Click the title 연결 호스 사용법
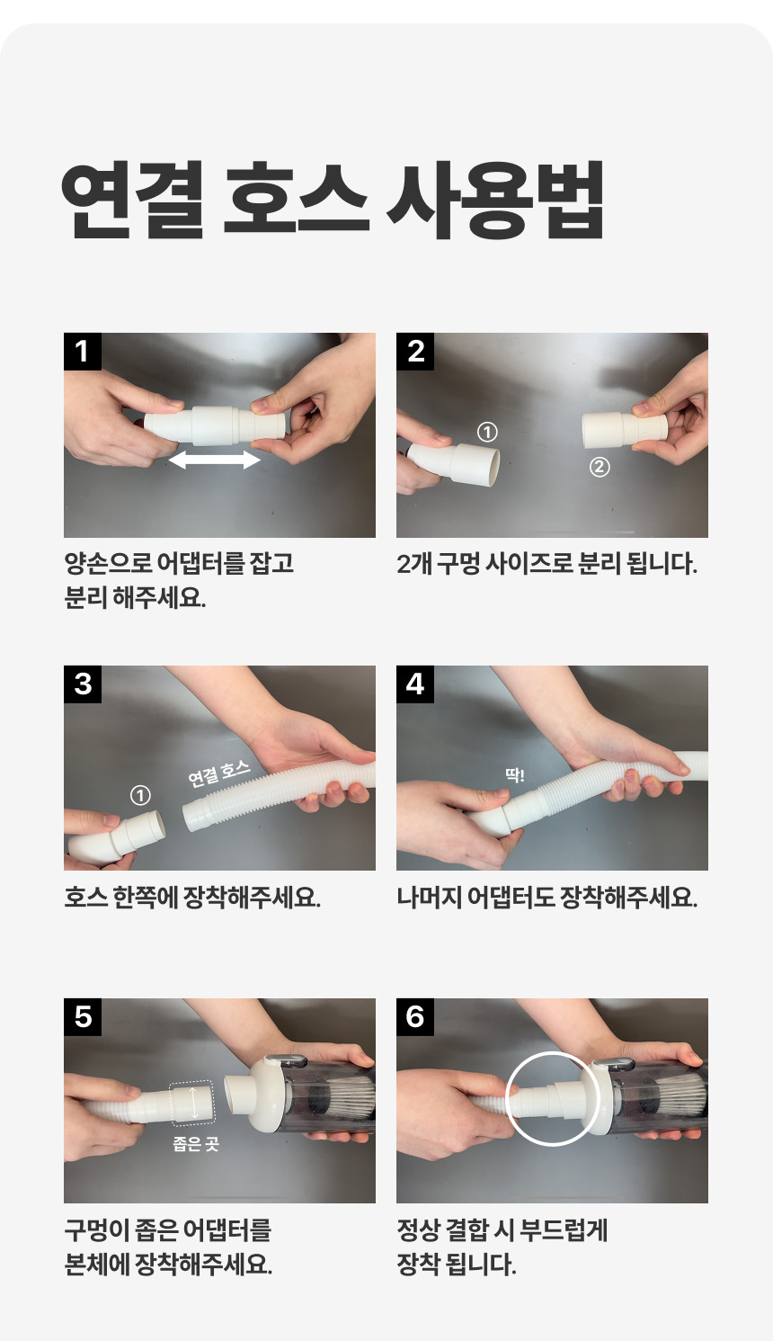tap(333, 201)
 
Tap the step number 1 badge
tap(83, 352)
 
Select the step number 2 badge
tap(415, 352)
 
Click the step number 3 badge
tap(83, 684)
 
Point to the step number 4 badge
tap(415, 684)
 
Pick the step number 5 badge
tap(83, 1016)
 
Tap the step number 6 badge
tap(415, 1016)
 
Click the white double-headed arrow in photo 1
tap(215, 460)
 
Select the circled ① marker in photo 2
tap(487, 432)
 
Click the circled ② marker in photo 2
tap(600, 467)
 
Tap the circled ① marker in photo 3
tap(140, 796)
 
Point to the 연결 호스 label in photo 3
tap(219, 773)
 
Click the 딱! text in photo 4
tap(514, 776)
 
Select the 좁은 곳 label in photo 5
tap(196, 1144)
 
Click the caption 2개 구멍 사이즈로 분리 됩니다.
tap(546, 564)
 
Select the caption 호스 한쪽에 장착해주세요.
tap(192, 897)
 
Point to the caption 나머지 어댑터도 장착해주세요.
tap(546, 897)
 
